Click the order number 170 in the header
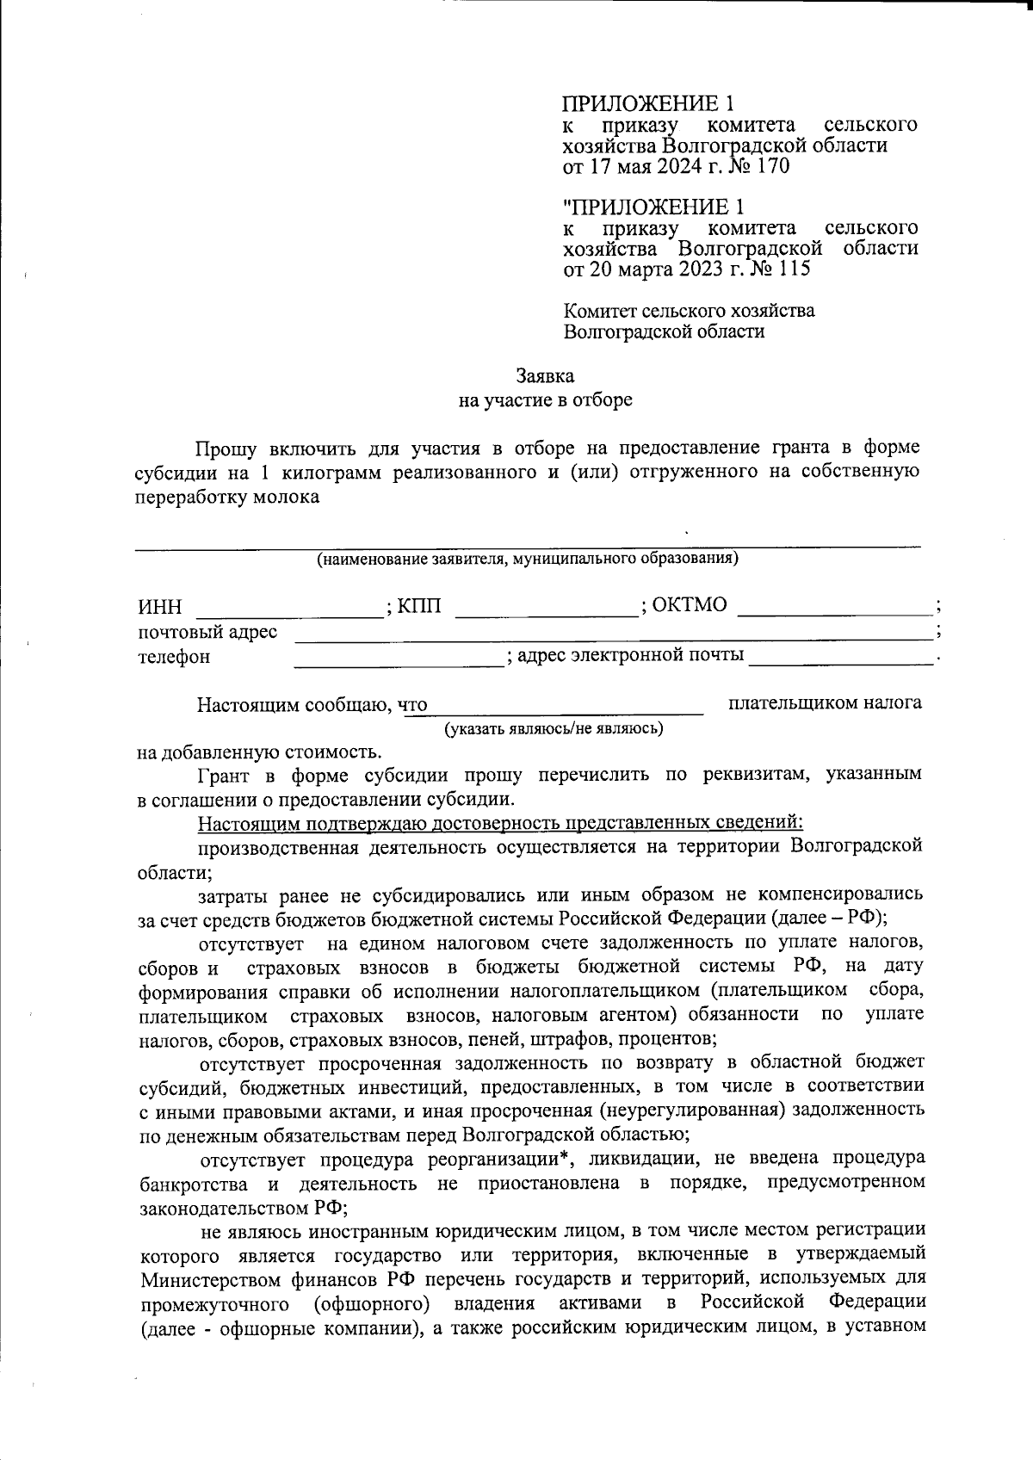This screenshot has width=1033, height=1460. [x=770, y=166]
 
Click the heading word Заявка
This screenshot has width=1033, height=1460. [x=545, y=376]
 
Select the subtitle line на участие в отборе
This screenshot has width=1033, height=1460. [x=545, y=400]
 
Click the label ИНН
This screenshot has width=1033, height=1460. [x=160, y=608]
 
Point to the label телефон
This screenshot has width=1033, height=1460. [x=174, y=658]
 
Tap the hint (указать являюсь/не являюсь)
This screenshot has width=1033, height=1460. [x=554, y=729]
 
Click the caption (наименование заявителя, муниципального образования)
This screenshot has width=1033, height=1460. [x=528, y=559]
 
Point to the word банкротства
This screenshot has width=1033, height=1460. [x=194, y=1182]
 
